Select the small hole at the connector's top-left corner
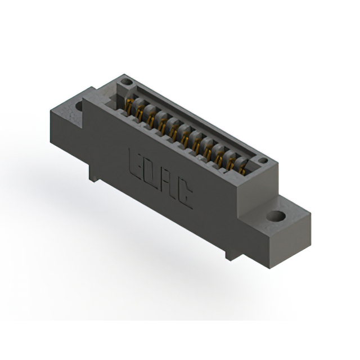point(128,82)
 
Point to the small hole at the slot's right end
point(262,161)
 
